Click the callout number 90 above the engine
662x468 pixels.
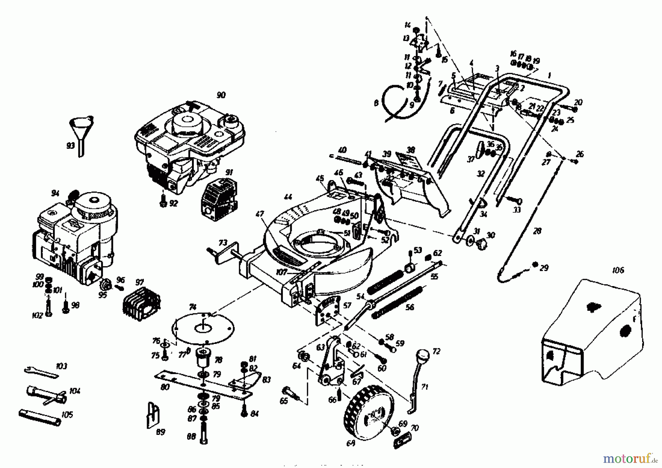tap(221, 95)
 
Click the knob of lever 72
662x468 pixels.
tap(423, 356)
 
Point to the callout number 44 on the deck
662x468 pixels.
tap(288, 198)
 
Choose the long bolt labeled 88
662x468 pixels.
tap(204, 434)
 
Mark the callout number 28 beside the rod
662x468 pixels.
tap(537, 231)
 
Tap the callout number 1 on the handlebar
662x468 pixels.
tap(549, 75)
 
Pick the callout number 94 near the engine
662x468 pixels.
tap(55, 193)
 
